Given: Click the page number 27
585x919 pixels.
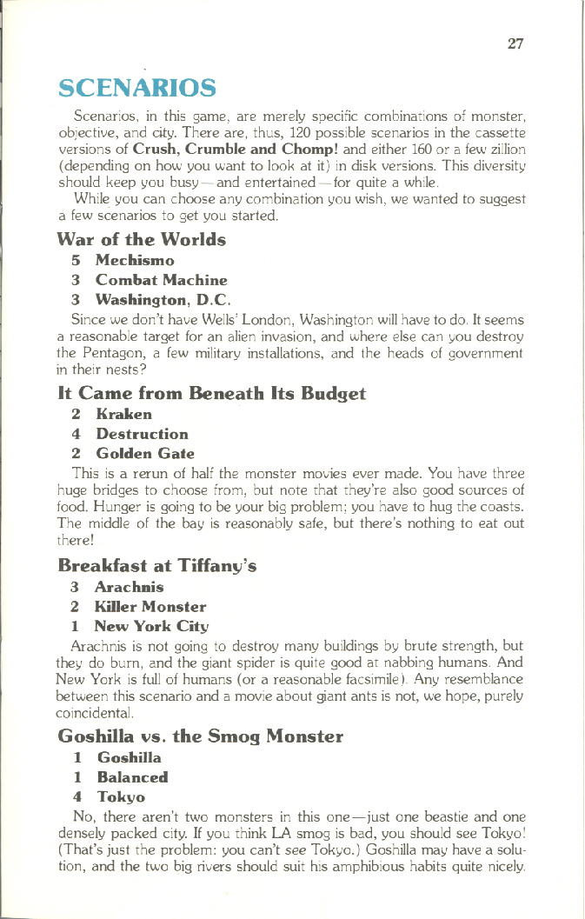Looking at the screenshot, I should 515,43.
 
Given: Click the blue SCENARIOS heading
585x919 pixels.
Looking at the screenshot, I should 136,88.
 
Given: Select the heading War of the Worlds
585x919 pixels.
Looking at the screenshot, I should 142,239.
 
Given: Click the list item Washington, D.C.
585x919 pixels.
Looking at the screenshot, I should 151,300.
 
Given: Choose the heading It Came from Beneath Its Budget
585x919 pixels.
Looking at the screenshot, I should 211,394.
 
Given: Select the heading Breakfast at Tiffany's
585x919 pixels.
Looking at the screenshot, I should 156,566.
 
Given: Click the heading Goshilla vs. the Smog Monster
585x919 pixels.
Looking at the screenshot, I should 200,737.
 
